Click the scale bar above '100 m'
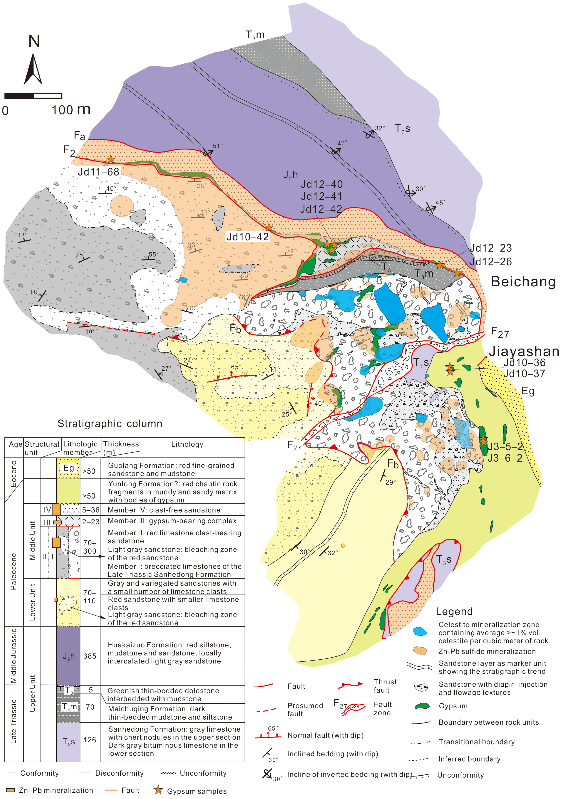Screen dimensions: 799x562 tap(33, 96)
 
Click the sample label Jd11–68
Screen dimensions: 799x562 tap(99, 172)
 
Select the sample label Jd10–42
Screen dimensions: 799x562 tap(248, 237)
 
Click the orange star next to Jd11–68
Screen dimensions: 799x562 tap(111, 159)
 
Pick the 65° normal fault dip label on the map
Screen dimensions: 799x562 tap(235, 367)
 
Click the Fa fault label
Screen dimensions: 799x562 tap(79, 135)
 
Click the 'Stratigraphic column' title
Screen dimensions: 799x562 tap(110, 424)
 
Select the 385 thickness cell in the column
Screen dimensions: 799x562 tap(90, 656)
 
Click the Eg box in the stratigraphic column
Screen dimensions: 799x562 tap(68, 468)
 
